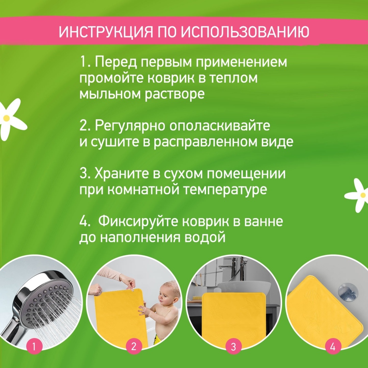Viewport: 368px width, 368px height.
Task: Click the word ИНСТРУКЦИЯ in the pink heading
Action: tap(106, 32)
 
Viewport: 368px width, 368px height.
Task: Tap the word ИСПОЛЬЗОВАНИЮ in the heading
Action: tap(245, 32)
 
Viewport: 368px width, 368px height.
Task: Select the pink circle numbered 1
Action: tap(34, 347)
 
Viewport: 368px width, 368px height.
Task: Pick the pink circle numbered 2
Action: tap(134, 347)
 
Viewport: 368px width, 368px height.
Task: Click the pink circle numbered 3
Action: tap(233, 347)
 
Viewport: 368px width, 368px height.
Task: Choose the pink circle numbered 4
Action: tap(333, 347)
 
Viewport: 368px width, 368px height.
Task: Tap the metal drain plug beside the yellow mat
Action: tap(347, 292)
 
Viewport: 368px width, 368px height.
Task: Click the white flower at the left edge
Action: tap(11, 119)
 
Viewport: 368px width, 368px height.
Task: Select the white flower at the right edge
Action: tap(358, 195)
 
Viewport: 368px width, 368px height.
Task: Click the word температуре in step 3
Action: tap(225, 190)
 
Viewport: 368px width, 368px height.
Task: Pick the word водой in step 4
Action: tap(205, 237)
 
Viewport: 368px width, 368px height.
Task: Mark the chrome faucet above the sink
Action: tap(235, 267)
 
